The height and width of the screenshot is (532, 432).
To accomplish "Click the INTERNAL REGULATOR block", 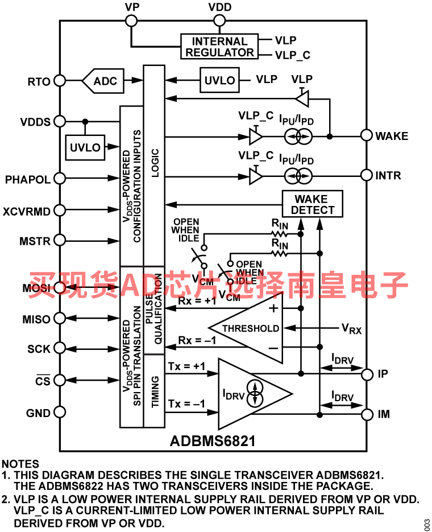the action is click(x=219, y=47).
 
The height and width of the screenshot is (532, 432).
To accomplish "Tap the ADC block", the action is click(x=103, y=81).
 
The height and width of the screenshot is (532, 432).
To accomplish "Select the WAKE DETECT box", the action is click(x=313, y=204).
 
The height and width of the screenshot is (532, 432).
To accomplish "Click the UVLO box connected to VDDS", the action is click(x=85, y=147).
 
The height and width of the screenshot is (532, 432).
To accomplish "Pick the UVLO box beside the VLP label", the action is click(x=219, y=80).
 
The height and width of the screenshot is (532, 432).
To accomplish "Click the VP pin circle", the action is click(x=131, y=20).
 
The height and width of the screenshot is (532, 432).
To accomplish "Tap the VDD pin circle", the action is click(x=219, y=20).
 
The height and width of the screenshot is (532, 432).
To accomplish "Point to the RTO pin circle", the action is click(x=60, y=81).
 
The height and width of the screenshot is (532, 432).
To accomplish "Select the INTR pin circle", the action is click(x=367, y=175).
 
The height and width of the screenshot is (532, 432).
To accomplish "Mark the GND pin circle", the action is click(x=60, y=413).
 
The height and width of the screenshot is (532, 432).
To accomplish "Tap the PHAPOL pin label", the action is click(x=27, y=179).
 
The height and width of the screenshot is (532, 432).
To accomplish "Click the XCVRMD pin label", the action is click(x=26, y=211).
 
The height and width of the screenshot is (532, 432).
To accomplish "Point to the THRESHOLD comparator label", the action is click(x=251, y=328).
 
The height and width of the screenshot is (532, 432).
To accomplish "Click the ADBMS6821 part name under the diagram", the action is click(x=213, y=441).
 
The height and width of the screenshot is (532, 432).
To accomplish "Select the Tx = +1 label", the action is click(x=186, y=366).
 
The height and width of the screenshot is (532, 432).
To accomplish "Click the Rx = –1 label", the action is click(x=197, y=340).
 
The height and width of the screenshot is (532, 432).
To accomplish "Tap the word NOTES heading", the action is click(x=20, y=464).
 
